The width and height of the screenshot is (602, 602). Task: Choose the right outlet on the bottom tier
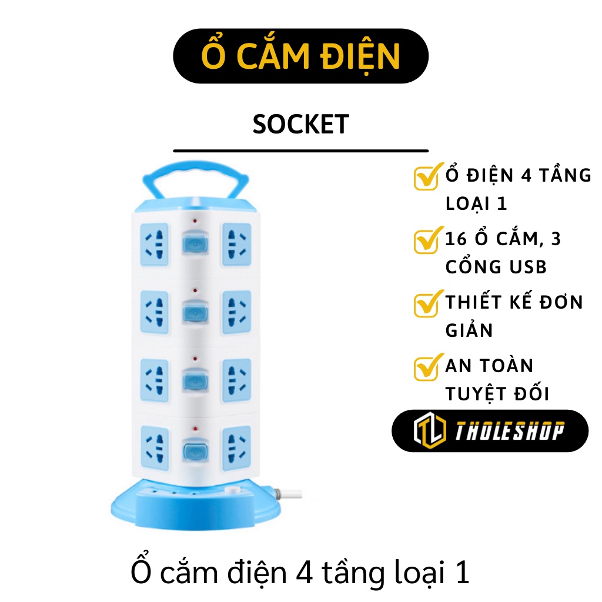[x=236, y=445]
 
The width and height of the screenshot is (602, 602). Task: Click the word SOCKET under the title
[x=300, y=125]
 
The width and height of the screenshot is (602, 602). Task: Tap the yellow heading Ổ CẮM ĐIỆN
[x=300, y=56]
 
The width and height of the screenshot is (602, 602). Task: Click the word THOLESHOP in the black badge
[x=509, y=431]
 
